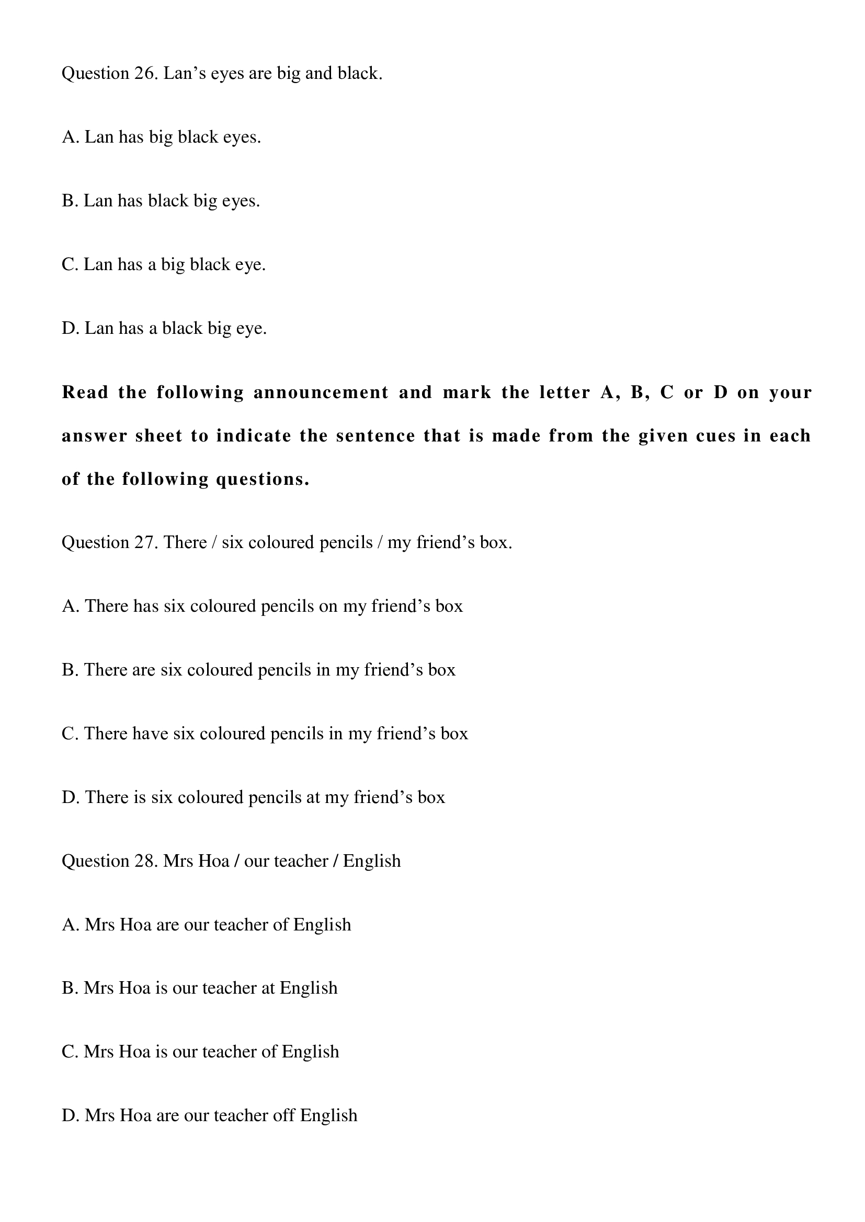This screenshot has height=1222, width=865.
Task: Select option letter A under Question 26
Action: point(70,137)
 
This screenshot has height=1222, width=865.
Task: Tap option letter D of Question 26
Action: point(70,329)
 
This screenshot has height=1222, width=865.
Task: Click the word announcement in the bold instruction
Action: point(321,393)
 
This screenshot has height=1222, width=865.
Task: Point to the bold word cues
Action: point(716,436)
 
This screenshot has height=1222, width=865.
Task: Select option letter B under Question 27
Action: point(70,670)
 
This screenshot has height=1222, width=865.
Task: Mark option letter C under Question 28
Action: point(70,1052)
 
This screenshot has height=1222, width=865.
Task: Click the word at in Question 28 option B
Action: point(268,988)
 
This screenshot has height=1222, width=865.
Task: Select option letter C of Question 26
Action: point(70,264)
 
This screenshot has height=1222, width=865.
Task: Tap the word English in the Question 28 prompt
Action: point(371,861)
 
